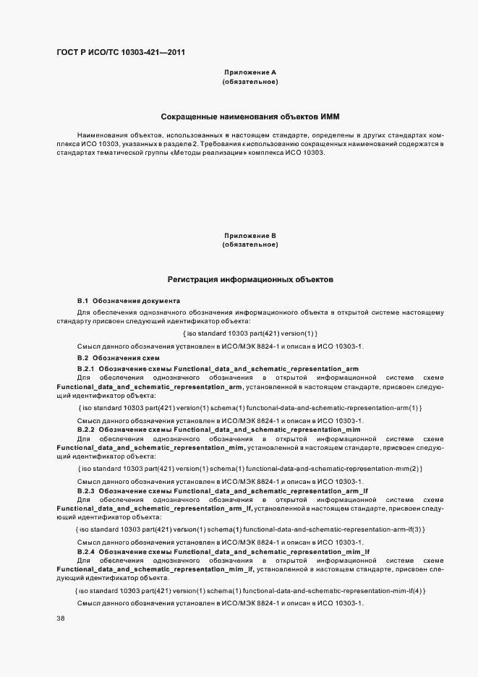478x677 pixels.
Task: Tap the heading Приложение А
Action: tap(250, 73)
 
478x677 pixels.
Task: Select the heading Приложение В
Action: tap(250, 236)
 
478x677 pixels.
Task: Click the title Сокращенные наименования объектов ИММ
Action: tap(250, 116)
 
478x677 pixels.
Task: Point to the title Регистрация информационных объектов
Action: tap(250, 279)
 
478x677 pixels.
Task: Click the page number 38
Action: tap(60, 618)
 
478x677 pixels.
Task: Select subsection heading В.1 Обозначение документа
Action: tap(129, 300)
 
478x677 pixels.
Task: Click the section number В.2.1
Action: tap(86, 369)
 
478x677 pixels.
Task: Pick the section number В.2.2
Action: tap(86, 430)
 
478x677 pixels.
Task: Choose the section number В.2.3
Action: tap(86, 490)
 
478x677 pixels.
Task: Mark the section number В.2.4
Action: tap(86, 552)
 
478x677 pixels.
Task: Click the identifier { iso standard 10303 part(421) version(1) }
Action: tap(250, 333)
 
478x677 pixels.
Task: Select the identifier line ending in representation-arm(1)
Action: tap(249, 409)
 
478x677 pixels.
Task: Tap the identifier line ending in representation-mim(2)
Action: tap(249, 469)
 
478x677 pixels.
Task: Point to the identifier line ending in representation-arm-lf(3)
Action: tap(250, 530)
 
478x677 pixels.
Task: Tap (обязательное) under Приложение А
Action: tap(250, 82)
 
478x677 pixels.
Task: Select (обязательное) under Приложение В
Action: tap(250, 244)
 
